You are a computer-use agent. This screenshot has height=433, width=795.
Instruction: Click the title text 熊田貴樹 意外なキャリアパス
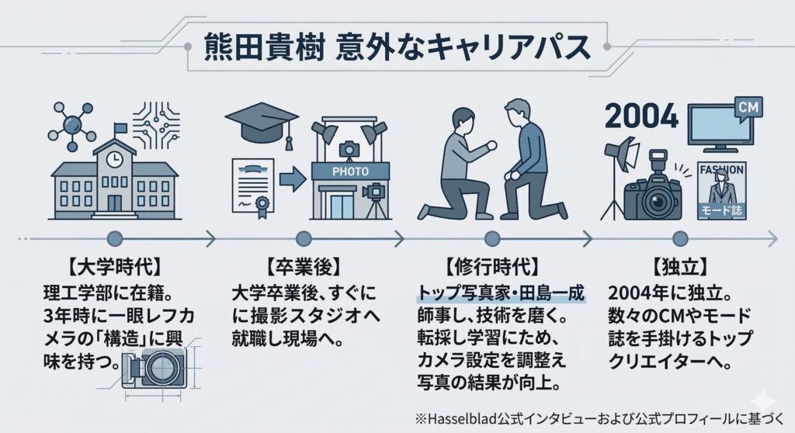tap(397, 48)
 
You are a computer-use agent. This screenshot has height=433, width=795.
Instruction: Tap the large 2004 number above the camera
tap(641, 116)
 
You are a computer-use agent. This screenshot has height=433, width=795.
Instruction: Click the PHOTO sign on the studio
tap(349, 169)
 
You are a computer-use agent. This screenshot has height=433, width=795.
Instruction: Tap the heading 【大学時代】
tap(114, 269)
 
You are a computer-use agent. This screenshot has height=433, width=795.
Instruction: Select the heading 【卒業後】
tap(304, 269)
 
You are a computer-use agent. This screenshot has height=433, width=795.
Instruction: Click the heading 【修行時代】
tap(491, 269)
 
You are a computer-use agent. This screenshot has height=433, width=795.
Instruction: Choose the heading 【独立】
tap(681, 269)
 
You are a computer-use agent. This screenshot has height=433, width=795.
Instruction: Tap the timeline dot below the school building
tap(114, 237)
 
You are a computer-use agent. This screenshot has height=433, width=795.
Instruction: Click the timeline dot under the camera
tap(681, 237)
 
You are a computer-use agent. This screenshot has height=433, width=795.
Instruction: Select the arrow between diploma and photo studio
tap(292, 180)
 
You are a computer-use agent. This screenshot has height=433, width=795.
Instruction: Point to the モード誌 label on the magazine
tap(721, 210)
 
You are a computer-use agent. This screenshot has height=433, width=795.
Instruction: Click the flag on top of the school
tap(120, 129)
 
